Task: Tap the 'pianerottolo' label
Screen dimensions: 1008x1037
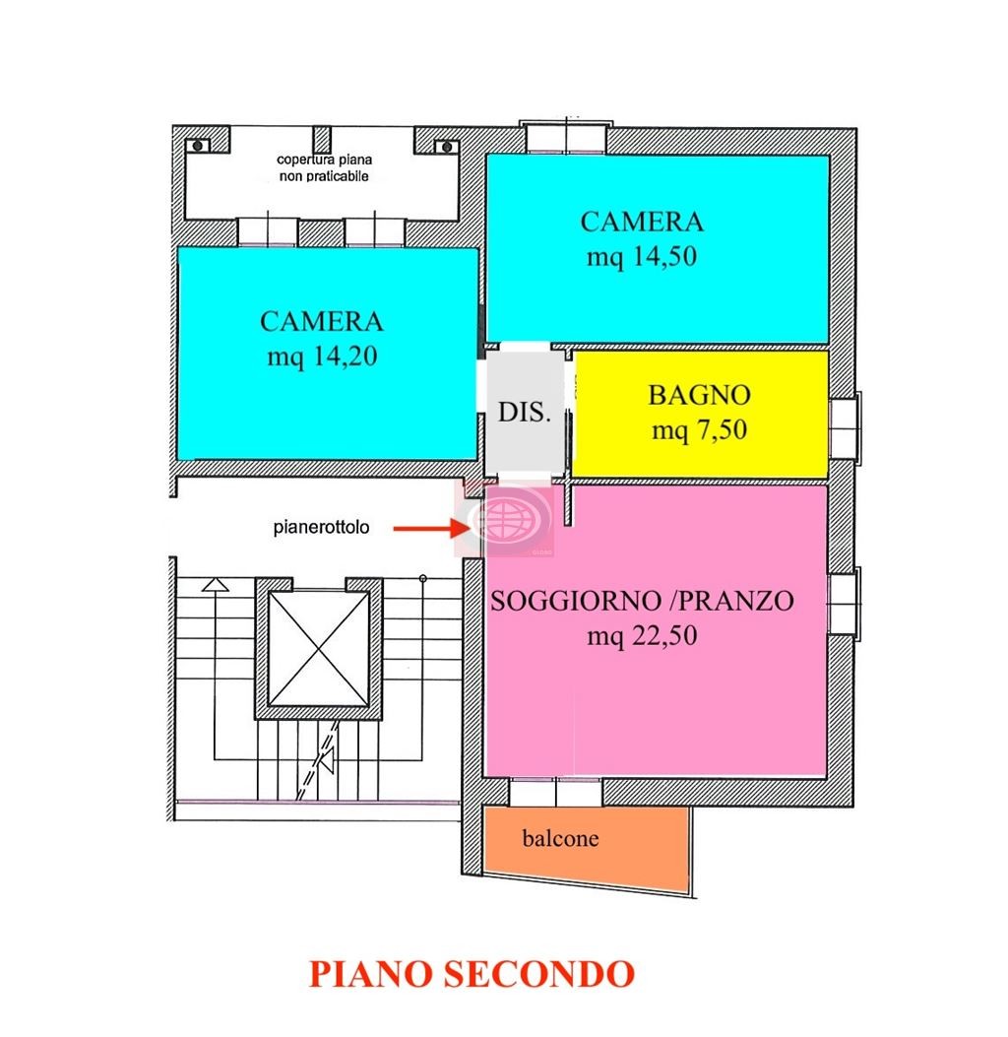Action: [321, 527]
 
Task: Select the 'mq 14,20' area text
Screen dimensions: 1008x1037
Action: [322, 357]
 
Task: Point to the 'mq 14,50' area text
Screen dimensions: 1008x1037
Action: [642, 257]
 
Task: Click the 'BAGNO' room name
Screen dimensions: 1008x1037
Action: [699, 395]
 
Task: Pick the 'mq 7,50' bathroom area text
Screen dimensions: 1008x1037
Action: [699, 430]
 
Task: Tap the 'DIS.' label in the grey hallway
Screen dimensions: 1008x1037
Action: [524, 412]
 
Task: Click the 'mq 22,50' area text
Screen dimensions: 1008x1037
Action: [642, 636]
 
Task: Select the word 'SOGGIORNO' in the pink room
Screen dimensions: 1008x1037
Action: [576, 601]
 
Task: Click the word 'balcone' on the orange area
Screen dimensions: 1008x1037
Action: [560, 839]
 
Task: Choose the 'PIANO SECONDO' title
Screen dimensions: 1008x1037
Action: [472, 974]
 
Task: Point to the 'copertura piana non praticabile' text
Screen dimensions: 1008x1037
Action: [324, 168]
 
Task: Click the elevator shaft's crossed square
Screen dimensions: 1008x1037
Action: [319, 648]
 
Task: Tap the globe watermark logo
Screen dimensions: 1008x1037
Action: [506, 518]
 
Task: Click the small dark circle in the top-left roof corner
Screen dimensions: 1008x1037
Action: [198, 146]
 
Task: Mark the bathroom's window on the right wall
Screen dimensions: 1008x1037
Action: [845, 427]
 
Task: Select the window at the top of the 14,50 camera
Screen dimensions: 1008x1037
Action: [566, 138]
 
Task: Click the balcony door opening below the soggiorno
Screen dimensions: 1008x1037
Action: [556, 793]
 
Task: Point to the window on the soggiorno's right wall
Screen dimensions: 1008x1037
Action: [845, 604]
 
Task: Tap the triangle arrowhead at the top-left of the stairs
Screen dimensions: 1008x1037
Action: [216, 585]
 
